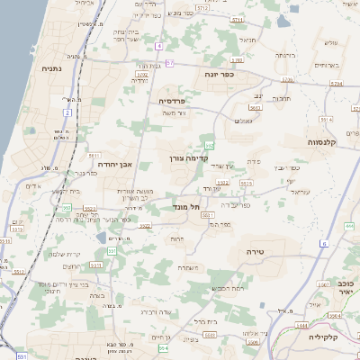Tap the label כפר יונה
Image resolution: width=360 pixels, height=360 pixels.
tap(220, 74)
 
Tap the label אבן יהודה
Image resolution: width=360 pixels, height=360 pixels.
tap(111, 164)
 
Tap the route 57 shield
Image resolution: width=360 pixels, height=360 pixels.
tap(168, 64)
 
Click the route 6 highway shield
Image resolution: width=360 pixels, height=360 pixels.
tap(323, 244)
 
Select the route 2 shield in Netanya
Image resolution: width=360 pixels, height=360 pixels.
tap(67, 112)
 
